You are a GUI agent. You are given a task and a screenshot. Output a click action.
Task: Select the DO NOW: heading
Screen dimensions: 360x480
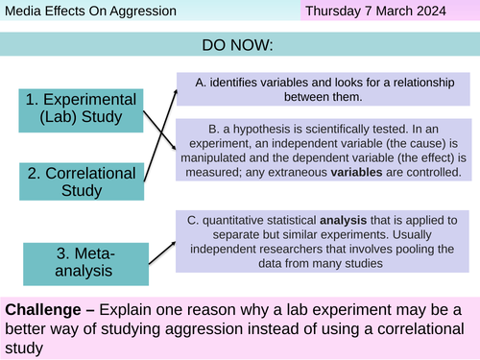click(x=239, y=45)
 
